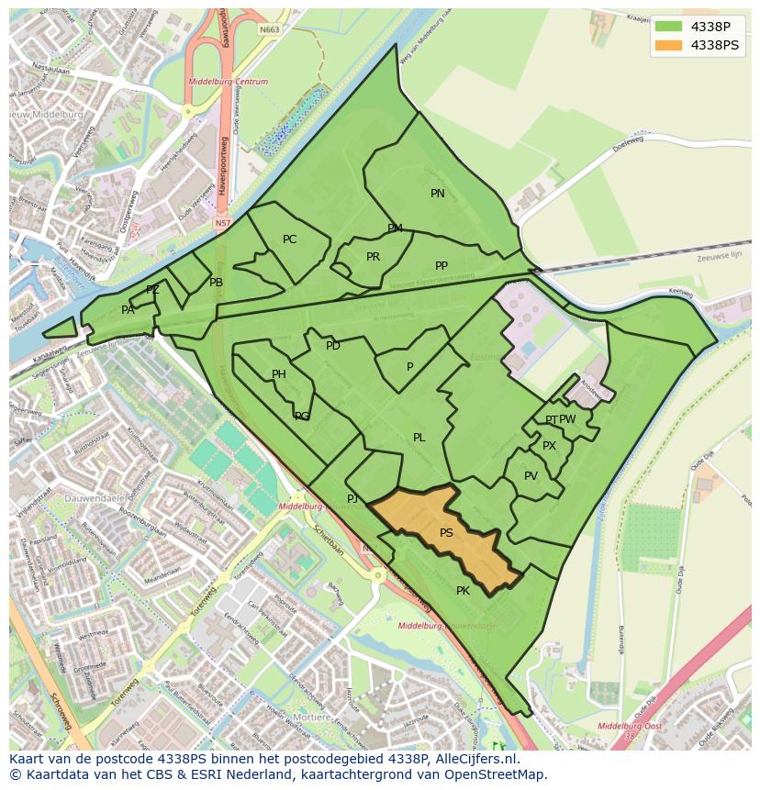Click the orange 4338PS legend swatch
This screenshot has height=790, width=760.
669,45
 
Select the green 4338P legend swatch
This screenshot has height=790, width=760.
669,26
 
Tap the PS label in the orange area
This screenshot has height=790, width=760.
446,533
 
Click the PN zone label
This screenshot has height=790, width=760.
438,194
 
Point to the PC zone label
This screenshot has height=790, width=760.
289,239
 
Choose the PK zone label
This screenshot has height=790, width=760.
463,591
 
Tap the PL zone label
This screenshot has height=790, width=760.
419,438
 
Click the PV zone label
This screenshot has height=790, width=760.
531,476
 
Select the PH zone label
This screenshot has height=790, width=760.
279,374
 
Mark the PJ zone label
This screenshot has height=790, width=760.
352,499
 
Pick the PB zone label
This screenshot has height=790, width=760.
216,283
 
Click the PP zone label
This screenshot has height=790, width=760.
441,266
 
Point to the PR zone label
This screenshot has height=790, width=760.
373,257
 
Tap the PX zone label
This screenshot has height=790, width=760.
549,446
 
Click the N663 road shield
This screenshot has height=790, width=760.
269,29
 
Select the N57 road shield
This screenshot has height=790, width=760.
223,223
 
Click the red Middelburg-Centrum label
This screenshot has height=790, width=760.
229,82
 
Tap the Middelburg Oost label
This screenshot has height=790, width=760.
630,726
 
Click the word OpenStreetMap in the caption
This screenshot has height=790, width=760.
498,774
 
